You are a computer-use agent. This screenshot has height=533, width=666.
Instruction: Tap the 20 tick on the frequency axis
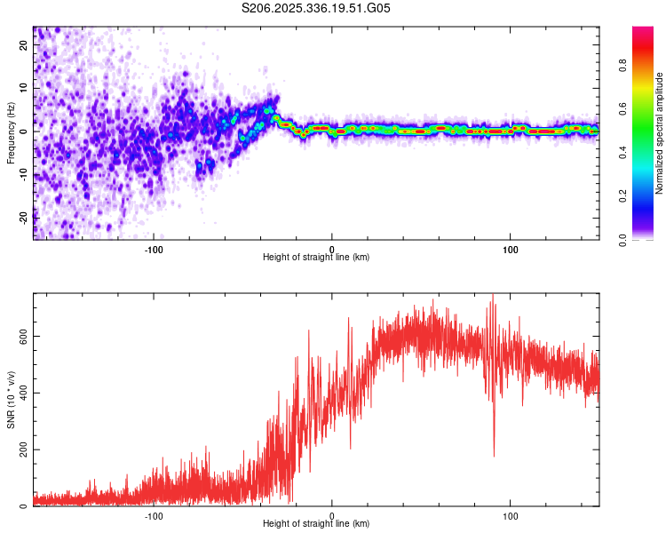[24, 46]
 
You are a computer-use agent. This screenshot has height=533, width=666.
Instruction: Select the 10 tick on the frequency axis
[24, 89]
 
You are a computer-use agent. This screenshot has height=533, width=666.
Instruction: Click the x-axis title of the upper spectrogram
[316, 257]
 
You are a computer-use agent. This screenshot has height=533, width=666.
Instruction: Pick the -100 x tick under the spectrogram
[154, 248]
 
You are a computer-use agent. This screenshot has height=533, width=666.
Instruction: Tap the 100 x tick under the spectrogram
[511, 248]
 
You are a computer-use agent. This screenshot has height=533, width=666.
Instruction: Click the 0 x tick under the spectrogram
[332, 248]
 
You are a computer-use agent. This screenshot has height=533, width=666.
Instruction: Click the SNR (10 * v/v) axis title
[11, 400]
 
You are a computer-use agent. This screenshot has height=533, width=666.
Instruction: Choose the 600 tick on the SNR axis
[24, 336]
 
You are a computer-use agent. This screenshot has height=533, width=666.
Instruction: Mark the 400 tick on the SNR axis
[24, 393]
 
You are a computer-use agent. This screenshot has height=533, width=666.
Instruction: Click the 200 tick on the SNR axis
[24, 449]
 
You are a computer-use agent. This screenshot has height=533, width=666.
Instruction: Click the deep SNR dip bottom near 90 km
[494, 456]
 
